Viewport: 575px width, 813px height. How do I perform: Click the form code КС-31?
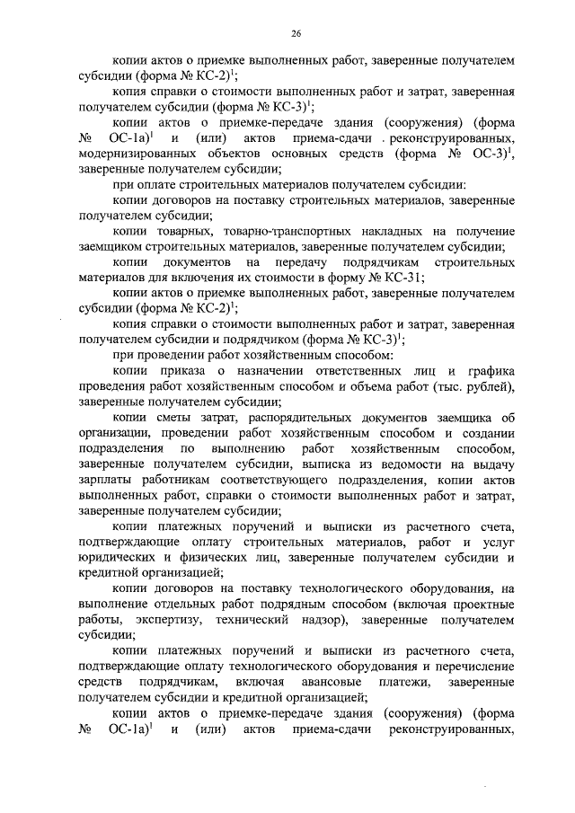(x=394, y=278)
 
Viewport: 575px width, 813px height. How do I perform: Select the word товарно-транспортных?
(x=223, y=232)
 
